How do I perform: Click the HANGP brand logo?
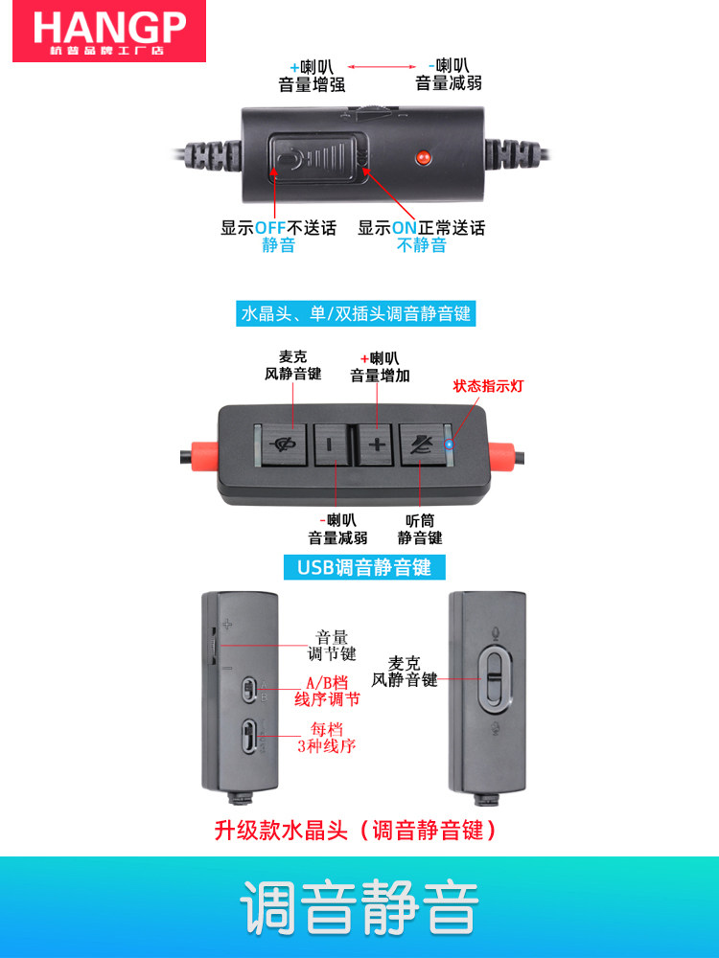click(108, 31)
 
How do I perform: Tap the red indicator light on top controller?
click(421, 156)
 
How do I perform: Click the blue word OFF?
click(273, 228)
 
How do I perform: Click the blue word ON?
click(404, 228)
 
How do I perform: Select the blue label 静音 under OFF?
click(279, 245)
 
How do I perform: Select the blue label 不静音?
click(422, 245)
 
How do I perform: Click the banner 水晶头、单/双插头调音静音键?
click(357, 313)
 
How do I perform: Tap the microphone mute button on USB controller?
click(284, 444)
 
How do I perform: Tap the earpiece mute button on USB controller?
click(421, 444)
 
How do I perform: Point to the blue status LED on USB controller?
click(451, 444)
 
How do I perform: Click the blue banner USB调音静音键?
click(364, 567)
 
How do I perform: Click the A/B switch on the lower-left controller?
click(249, 689)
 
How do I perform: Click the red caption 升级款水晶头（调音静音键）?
click(358, 830)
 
